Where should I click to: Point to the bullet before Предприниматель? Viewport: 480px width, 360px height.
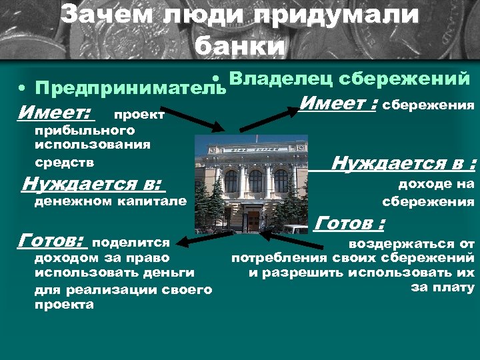(x=23, y=89)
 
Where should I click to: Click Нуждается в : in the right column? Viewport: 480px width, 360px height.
(x=403, y=163)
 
